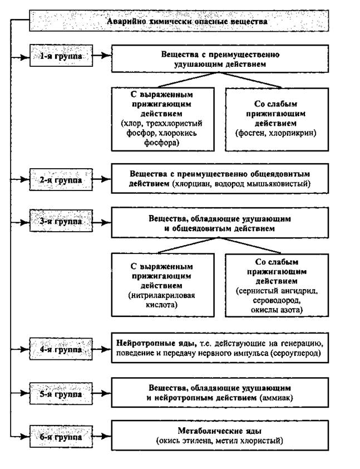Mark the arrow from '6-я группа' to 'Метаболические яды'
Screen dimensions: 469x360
[x=102, y=437]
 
